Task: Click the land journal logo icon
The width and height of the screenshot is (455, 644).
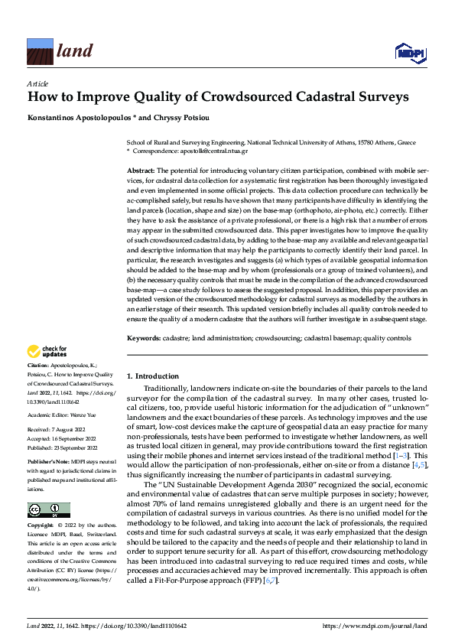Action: coord(40,50)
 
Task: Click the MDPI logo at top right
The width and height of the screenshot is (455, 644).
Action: coord(409,51)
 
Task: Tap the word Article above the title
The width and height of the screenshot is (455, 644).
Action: coord(37,83)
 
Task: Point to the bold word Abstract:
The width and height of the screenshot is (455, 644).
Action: coord(141,170)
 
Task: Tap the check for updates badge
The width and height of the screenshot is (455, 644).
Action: coord(47,352)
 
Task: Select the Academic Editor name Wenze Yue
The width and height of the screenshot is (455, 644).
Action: coord(86,415)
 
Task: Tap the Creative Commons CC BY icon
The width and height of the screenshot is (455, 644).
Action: coord(48,509)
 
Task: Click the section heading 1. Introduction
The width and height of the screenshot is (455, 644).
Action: coord(152,376)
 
